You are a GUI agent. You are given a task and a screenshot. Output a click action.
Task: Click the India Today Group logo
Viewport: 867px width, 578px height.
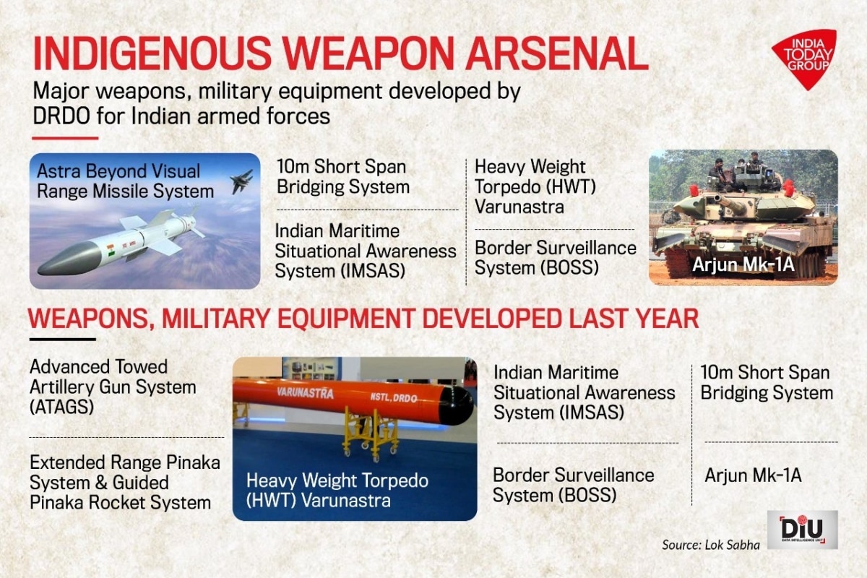click(805, 58)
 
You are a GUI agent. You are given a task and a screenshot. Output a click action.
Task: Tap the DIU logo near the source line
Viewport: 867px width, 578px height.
click(803, 529)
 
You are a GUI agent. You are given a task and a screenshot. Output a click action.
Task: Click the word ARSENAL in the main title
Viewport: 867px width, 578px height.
click(556, 53)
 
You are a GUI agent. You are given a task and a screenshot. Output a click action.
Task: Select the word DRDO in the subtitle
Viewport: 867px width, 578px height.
click(61, 116)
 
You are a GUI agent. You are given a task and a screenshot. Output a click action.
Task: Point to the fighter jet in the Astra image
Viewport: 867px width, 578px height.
click(241, 181)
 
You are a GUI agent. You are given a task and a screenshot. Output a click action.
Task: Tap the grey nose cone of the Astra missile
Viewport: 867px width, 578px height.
click(69, 259)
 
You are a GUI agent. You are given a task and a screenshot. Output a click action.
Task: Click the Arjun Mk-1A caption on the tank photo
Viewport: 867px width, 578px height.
click(743, 265)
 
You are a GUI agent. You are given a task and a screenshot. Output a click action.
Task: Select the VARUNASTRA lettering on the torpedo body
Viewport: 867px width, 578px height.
click(305, 393)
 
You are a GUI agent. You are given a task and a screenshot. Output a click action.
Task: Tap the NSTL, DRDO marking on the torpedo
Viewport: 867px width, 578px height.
click(393, 397)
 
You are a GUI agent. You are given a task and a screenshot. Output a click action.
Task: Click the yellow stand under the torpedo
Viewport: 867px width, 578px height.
click(371, 434)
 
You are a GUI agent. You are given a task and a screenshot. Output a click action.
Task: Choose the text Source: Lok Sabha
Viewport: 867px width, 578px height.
click(711, 545)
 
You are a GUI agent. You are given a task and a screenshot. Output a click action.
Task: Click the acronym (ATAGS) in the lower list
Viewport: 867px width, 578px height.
click(62, 407)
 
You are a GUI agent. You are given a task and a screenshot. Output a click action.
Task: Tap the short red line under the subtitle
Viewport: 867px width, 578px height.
click(65, 138)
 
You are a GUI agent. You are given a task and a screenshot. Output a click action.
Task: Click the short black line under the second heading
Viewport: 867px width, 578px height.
click(62, 340)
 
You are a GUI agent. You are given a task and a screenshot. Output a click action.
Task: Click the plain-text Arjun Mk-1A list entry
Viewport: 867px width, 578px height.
click(753, 475)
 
